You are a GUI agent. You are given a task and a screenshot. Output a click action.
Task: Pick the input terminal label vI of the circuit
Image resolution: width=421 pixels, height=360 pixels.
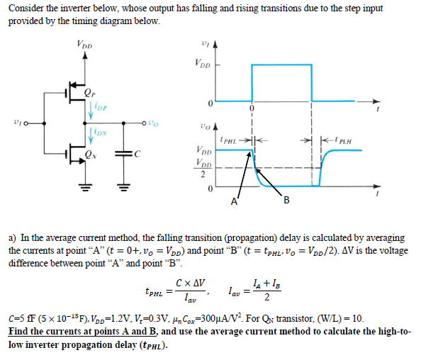click(18, 121)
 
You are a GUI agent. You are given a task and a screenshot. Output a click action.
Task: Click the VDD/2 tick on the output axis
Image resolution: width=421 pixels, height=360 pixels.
click(201, 170)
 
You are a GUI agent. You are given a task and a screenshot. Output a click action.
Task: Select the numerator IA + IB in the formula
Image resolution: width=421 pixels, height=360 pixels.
click(261, 284)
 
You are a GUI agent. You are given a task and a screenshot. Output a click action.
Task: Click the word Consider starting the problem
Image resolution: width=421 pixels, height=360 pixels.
click(26, 8)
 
